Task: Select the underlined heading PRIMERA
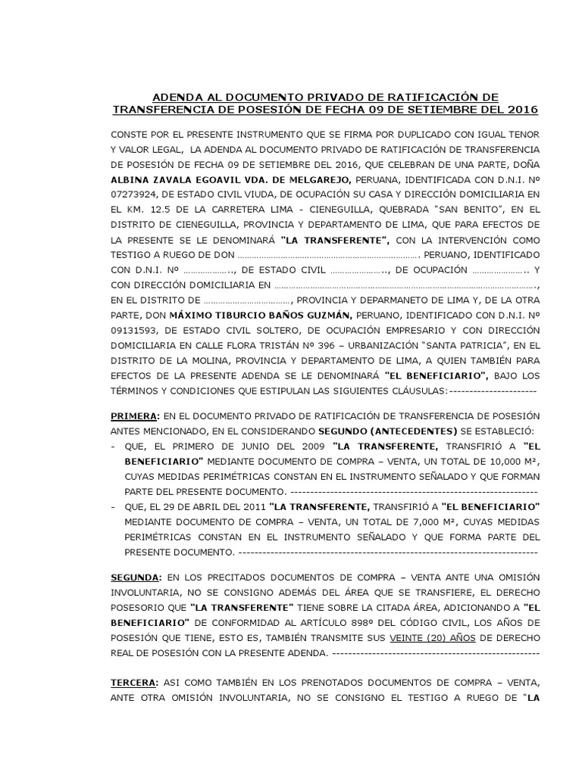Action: [x=134, y=416]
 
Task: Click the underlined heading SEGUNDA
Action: [x=135, y=577]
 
